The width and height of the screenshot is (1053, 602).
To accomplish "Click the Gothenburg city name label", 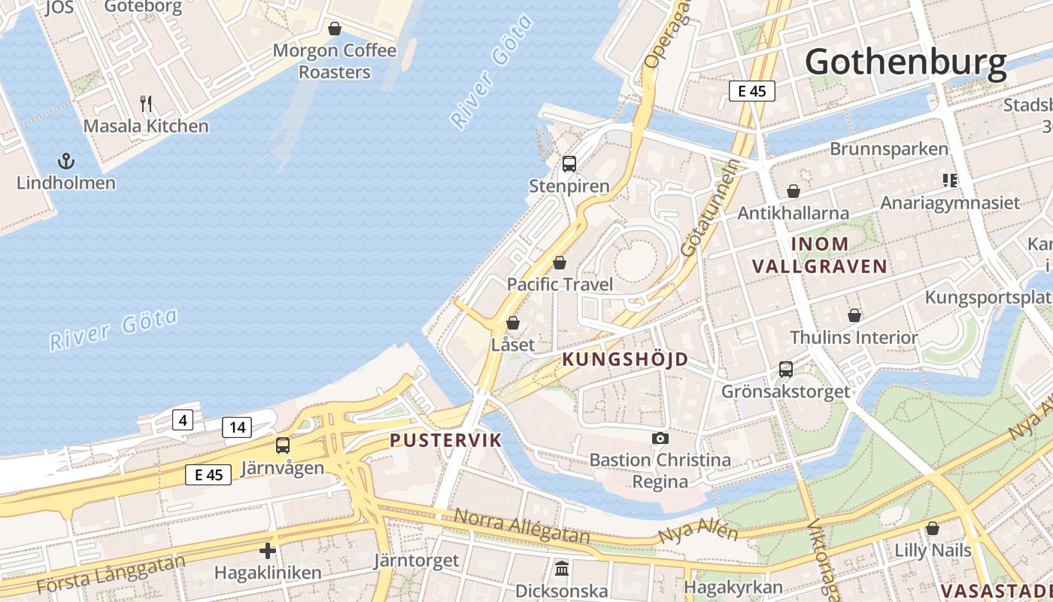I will [x=906, y=62].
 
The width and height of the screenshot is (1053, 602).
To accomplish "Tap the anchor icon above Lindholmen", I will [x=66, y=161].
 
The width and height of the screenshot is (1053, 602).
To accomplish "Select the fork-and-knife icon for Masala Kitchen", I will [x=147, y=103].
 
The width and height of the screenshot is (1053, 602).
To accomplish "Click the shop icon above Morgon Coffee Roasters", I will [x=335, y=29].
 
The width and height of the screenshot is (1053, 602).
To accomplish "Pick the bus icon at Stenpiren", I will [x=569, y=163].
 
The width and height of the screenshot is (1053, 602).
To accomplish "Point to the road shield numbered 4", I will [x=182, y=419].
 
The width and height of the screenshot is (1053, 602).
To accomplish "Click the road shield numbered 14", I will [x=237, y=427].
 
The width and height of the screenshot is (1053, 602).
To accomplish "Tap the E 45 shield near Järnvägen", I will [x=208, y=474].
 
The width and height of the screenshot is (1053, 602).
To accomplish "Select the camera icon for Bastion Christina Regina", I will [x=660, y=438].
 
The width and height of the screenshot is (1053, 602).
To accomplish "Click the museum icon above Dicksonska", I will [x=562, y=568].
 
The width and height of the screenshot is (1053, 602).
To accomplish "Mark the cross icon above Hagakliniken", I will [x=268, y=551].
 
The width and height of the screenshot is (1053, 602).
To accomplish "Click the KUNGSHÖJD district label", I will [x=625, y=360].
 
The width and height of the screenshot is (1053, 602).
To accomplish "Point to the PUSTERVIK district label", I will [x=445, y=440].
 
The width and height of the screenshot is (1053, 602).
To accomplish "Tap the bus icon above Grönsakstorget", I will [x=786, y=369].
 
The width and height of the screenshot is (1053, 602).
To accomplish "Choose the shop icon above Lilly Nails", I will [x=933, y=528].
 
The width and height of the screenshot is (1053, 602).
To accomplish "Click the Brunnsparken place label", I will [x=889, y=149].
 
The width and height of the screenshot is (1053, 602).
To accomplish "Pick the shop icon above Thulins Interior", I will [x=854, y=315].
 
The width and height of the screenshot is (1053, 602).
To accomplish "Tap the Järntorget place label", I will [x=417, y=561].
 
